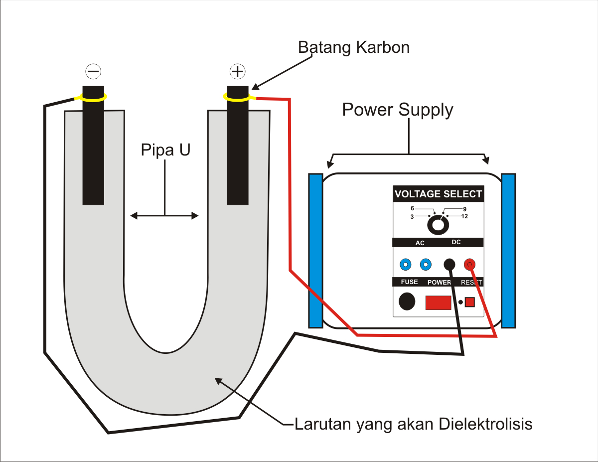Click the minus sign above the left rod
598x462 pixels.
coord(93,72)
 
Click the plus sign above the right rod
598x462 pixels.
coord(237,72)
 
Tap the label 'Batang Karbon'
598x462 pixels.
coord(353,47)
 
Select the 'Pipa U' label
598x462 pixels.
coord(165,150)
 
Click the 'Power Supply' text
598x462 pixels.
coord(397,110)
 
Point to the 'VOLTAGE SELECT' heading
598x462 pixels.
coord(438,194)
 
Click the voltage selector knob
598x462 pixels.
coord(438,225)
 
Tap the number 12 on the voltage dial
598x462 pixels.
coord(464,216)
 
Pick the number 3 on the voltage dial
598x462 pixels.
coord(412,216)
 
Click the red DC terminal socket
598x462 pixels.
coord(469,264)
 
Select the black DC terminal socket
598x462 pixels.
coord(449,264)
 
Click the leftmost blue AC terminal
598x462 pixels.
coord(406,264)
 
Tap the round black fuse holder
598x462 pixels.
coord(407,301)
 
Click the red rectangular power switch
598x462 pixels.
coord(438,303)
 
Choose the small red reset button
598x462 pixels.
coord(469,302)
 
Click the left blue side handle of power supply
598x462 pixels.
coord(315,250)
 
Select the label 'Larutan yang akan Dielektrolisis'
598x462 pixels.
coord(414,424)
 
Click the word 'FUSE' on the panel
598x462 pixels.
coord(409,282)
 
